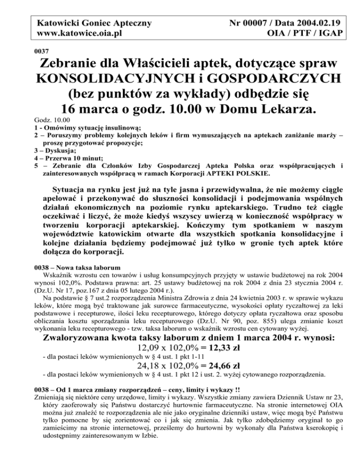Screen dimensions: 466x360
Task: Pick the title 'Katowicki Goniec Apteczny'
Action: click(89, 23)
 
